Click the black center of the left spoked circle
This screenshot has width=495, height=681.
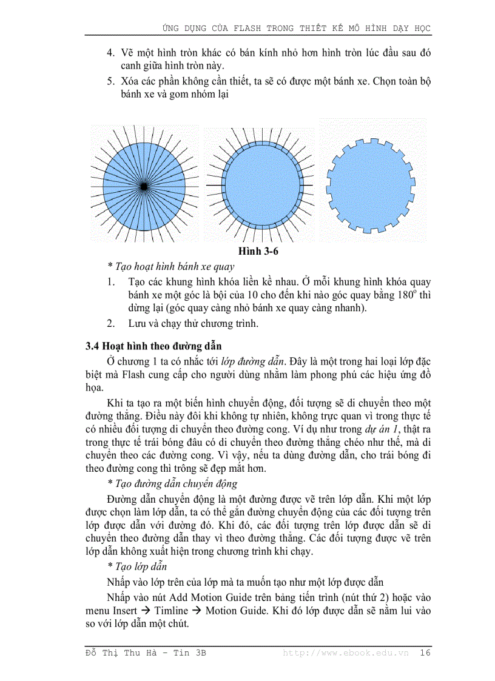(143, 186)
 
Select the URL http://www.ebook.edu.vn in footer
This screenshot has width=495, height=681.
(345, 652)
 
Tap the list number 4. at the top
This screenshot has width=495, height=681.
(111, 53)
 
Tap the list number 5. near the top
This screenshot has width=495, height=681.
(111, 81)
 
